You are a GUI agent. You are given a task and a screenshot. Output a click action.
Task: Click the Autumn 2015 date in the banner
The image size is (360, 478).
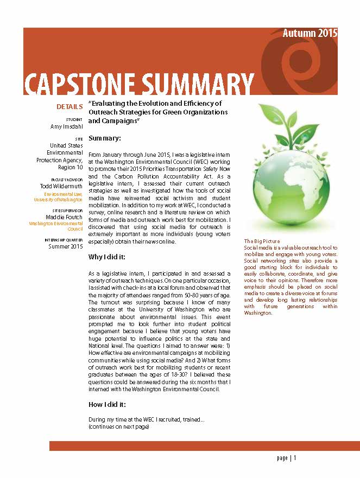pos(310,33)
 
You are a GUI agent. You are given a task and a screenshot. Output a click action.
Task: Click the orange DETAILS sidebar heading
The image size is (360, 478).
pos(70,106)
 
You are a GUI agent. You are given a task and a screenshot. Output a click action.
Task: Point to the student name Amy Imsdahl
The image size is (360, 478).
pos(66,126)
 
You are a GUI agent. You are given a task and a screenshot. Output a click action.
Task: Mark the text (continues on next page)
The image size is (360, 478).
pos(119,427)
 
